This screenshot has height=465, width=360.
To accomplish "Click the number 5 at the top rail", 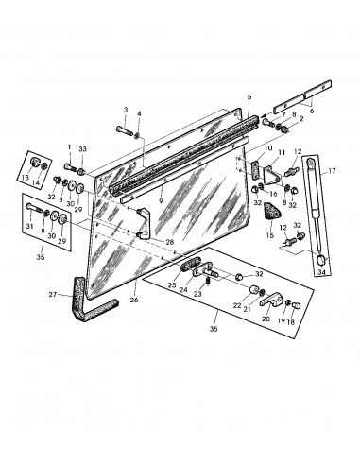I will (x=249, y=97).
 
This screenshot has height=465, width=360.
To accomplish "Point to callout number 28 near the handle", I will (x=169, y=242).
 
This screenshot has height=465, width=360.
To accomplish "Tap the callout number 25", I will (x=172, y=284).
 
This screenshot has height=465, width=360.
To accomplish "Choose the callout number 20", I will (x=266, y=319).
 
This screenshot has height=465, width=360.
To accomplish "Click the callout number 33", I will (x=83, y=147).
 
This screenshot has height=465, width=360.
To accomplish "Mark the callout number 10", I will (x=268, y=148).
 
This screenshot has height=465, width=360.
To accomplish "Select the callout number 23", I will (x=197, y=294).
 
